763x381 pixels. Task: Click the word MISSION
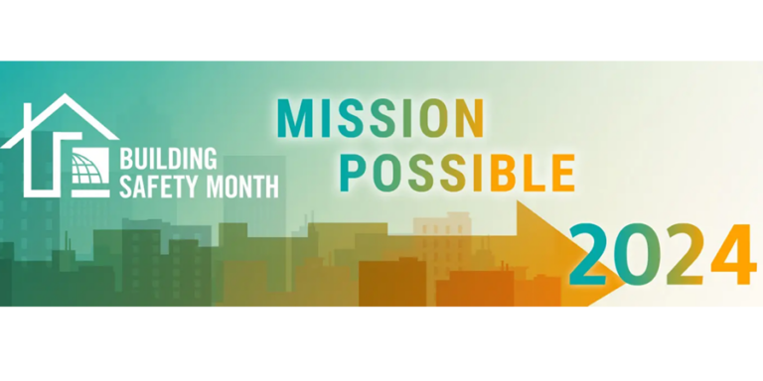[381, 119]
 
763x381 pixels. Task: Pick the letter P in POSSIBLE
[353, 171]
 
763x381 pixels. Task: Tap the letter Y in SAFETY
[184, 186]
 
